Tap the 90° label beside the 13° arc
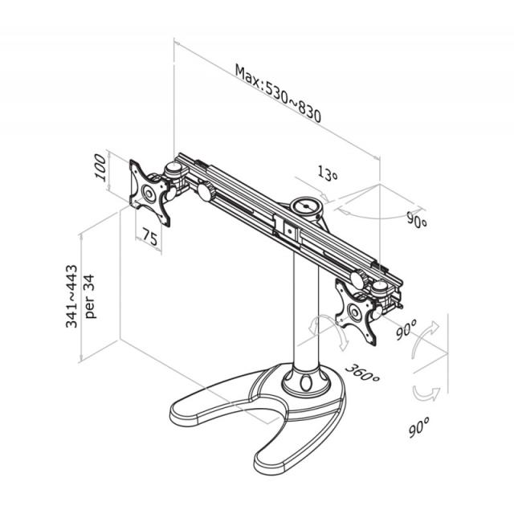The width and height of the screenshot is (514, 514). [417, 220]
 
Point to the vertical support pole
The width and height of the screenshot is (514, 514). [306, 313]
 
